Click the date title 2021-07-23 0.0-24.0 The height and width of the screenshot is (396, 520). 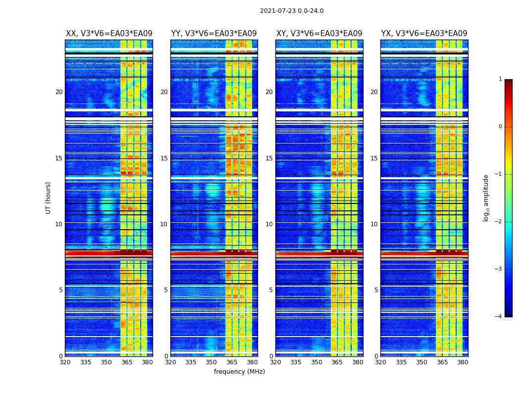[292, 11]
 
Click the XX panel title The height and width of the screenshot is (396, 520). [109, 34]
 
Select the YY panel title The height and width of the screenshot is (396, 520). [214, 34]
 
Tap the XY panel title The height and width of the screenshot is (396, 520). [319, 34]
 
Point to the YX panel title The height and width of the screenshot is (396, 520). [424, 34]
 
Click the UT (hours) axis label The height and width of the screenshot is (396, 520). [49, 198]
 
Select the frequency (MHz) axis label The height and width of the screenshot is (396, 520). [239, 372]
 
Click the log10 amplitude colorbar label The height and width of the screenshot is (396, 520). [486, 198]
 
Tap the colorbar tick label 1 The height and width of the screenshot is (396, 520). [500, 79]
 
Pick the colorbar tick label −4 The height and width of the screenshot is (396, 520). [499, 317]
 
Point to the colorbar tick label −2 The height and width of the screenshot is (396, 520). [499, 222]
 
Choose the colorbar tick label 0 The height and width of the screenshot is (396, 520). [500, 127]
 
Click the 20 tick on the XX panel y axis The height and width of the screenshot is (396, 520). [59, 92]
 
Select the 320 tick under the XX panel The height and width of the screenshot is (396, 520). [65, 362]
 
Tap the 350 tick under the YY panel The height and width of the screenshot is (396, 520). [211, 362]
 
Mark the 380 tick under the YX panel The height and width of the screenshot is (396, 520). [463, 362]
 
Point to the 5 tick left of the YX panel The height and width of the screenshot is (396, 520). [376, 290]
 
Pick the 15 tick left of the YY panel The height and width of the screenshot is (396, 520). [164, 158]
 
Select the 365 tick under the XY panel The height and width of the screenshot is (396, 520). [337, 362]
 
